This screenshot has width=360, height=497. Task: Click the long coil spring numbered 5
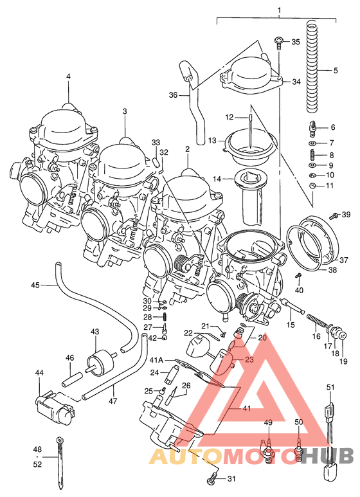312,66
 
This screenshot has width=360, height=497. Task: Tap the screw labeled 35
279,43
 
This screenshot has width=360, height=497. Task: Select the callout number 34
296,82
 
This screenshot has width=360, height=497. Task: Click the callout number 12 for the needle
229,117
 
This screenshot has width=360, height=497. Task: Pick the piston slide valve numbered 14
251,197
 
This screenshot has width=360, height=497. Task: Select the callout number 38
333,270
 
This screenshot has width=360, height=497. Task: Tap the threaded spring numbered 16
316,323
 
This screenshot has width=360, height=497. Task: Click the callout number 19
344,361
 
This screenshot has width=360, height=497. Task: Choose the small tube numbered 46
73,379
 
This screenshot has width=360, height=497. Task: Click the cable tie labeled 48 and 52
60,462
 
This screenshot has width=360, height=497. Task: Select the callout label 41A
156,361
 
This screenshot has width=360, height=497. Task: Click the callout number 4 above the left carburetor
68,77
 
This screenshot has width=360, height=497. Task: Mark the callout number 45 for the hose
35,285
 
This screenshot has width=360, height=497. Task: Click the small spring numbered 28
165,316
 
